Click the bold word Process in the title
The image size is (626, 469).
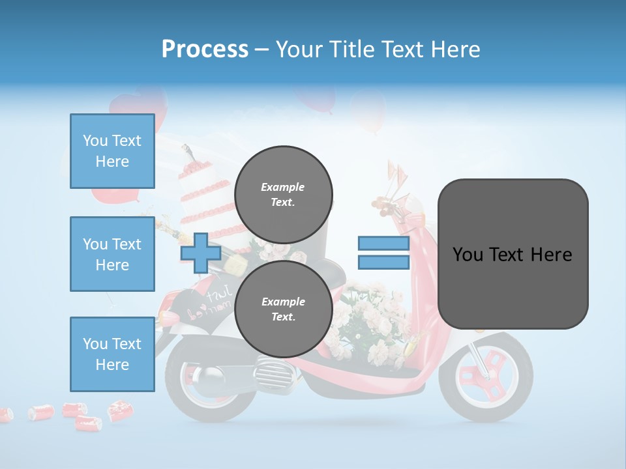204,49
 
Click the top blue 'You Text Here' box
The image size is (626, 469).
112,151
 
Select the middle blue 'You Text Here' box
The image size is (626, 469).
112,254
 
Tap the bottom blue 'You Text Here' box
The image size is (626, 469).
112,354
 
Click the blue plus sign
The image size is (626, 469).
200,253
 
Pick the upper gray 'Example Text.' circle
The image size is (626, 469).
283,194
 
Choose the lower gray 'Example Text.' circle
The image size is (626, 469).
283,309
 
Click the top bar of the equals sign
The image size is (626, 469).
383,244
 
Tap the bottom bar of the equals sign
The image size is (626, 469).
383,262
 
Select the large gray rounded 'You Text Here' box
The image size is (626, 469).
513,254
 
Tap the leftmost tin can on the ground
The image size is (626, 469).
5,414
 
